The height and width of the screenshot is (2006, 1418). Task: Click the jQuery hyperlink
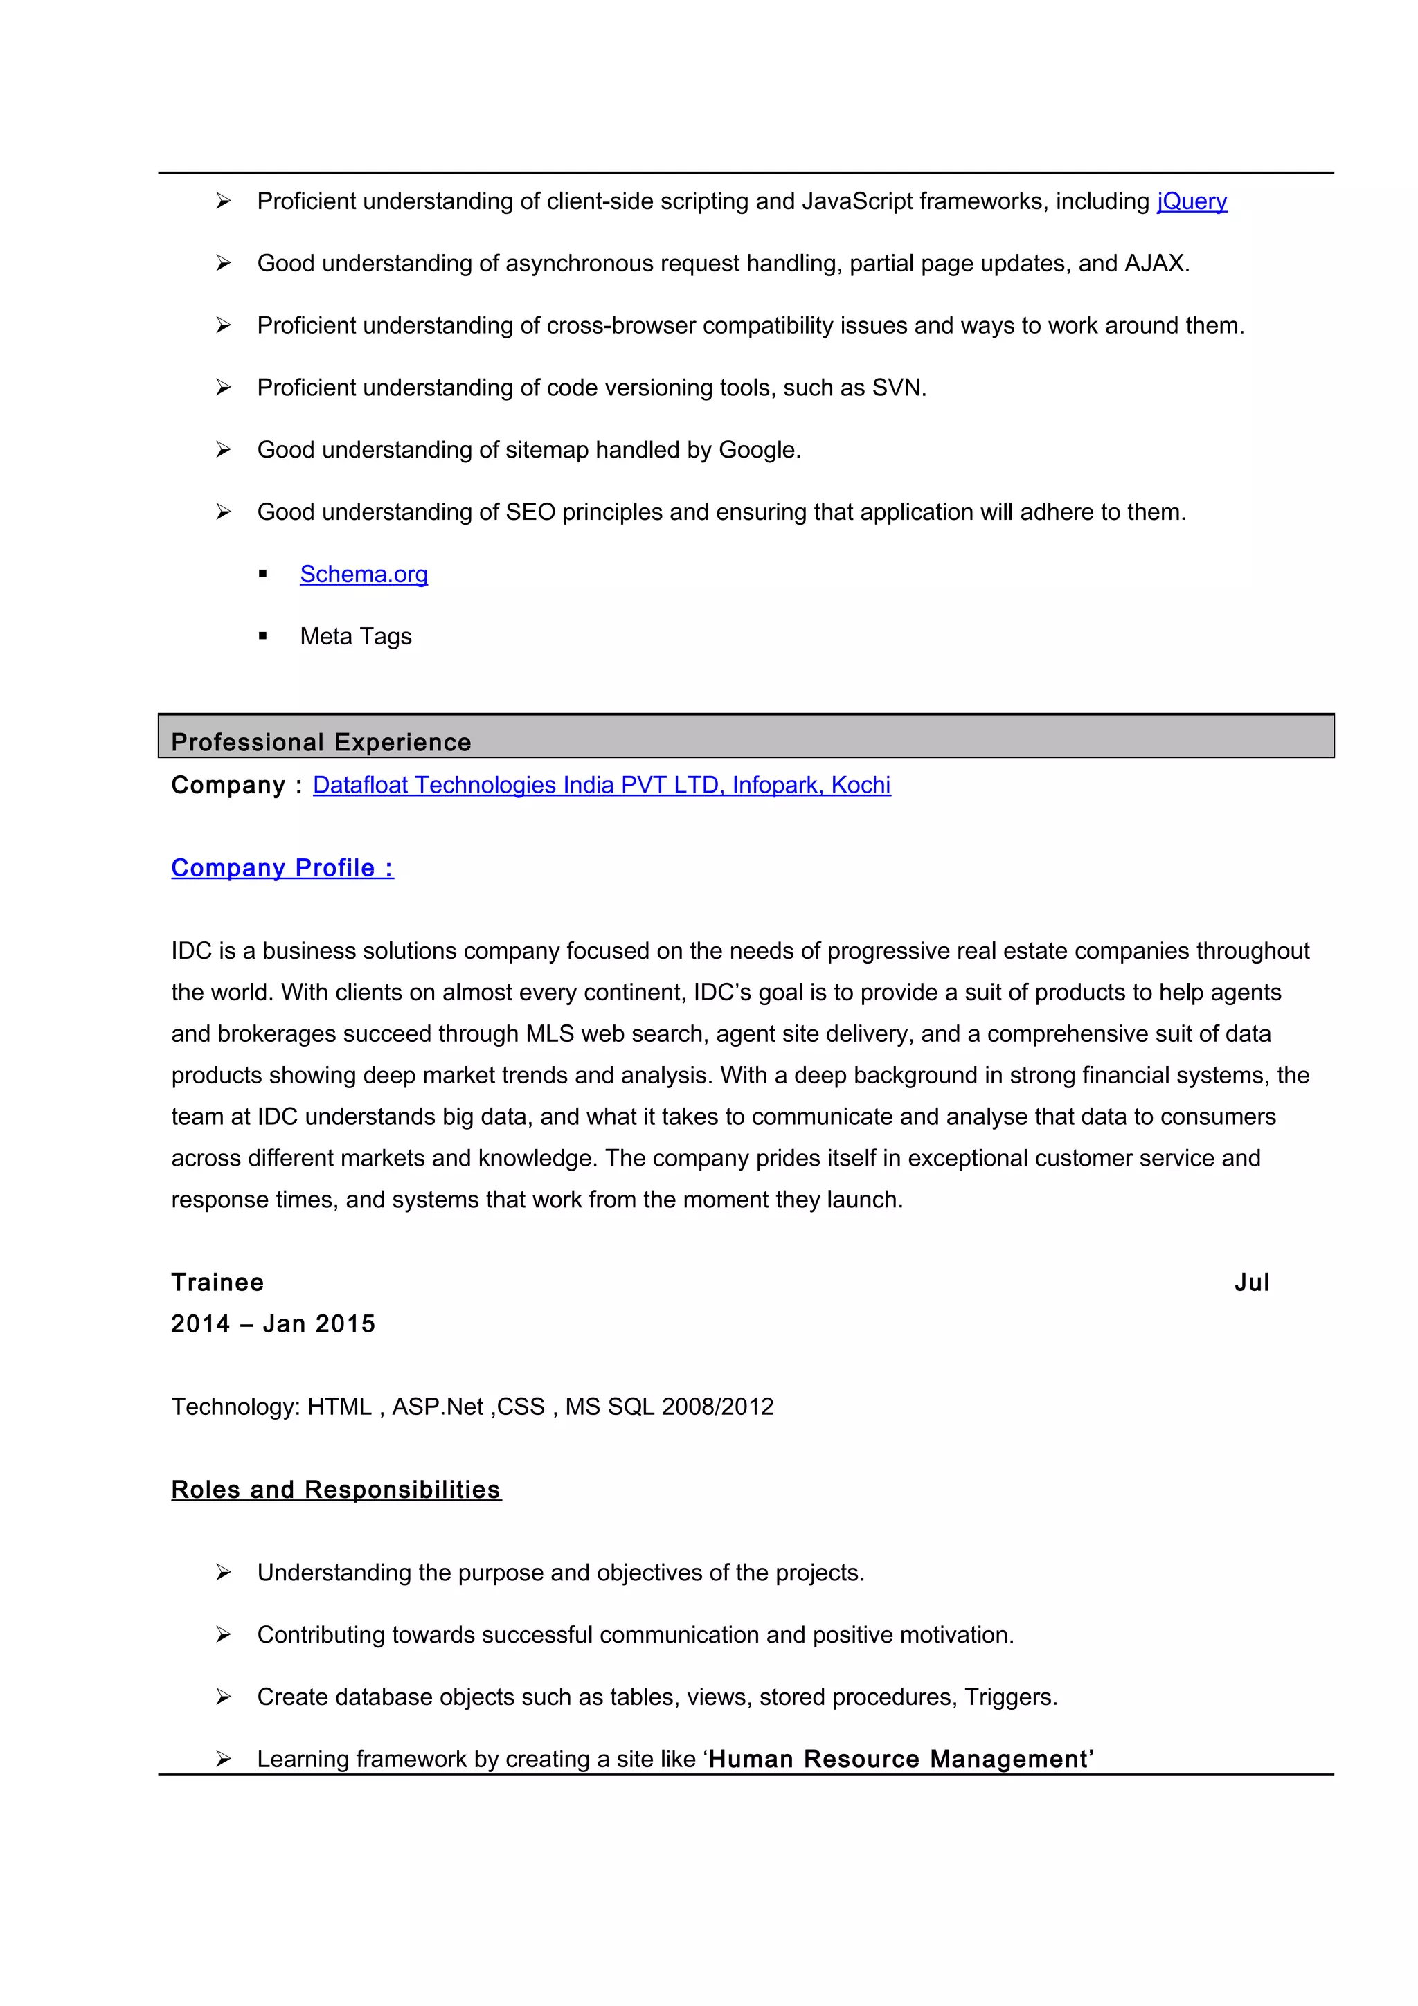pos(1191,202)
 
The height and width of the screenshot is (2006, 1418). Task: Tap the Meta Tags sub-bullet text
pos(356,636)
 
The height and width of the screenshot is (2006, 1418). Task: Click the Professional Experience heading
pos(321,742)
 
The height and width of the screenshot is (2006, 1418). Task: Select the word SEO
pos(530,512)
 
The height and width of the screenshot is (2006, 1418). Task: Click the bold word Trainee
pos(217,1282)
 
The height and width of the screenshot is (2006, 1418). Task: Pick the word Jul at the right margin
pos(1251,1282)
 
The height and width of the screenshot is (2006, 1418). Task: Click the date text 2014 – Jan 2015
pos(273,1323)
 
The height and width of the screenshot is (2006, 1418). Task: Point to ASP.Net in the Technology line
pos(437,1407)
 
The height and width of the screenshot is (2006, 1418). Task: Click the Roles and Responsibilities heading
pos(336,1490)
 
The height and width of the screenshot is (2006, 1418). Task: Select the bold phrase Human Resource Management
pos(901,1759)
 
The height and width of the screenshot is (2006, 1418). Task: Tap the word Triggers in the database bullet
pos(1008,1697)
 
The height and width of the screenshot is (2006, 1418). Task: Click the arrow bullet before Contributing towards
pos(224,1635)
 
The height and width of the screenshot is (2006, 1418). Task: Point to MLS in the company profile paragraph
pos(550,1033)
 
